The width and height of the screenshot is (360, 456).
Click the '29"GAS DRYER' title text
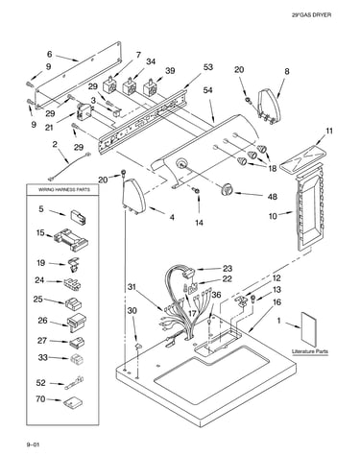[x=311, y=14]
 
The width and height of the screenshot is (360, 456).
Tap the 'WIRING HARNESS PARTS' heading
[x=64, y=189]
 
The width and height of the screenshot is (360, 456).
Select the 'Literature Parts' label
[x=310, y=351]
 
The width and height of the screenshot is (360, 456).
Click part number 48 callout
[x=272, y=196]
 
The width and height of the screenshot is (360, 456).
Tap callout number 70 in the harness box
[x=41, y=399]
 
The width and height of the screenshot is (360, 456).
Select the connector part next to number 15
[x=71, y=240]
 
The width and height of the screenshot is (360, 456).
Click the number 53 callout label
[x=208, y=67]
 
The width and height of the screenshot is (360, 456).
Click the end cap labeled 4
[x=133, y=196]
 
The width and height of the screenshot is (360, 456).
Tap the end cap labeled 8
[x=269, y=106]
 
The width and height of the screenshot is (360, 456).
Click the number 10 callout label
[x=273, y=216]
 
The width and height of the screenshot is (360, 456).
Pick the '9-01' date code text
[x=33, y=444]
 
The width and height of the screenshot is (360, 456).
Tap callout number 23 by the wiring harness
[x=228, y=268]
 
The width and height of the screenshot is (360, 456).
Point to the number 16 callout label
[x=277, y=302]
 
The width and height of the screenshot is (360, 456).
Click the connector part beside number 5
[x=78, y=217]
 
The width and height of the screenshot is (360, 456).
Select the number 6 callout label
[x=49, y=54]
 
